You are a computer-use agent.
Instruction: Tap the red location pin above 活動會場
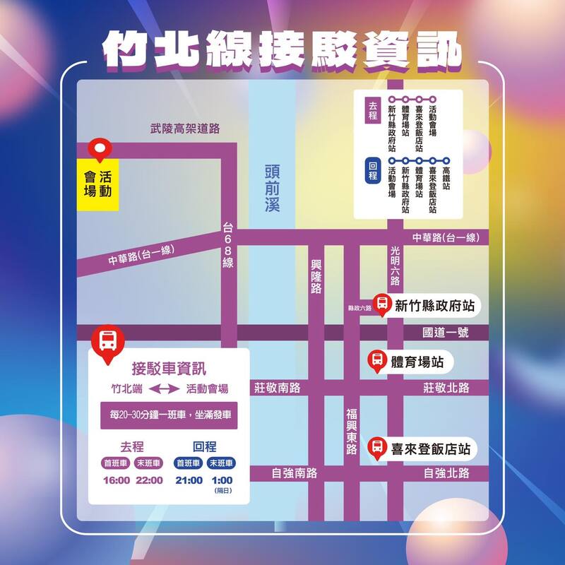100,150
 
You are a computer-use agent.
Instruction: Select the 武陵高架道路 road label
185,129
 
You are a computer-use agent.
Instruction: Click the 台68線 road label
228,244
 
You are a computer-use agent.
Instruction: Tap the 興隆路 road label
316,275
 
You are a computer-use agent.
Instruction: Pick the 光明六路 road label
395,266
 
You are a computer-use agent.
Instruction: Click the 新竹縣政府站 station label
434,306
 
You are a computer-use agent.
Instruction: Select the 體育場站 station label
417,362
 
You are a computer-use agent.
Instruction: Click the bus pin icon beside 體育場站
378,361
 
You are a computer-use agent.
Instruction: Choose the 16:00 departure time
115,480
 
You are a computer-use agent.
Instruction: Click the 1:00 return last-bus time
222,480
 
